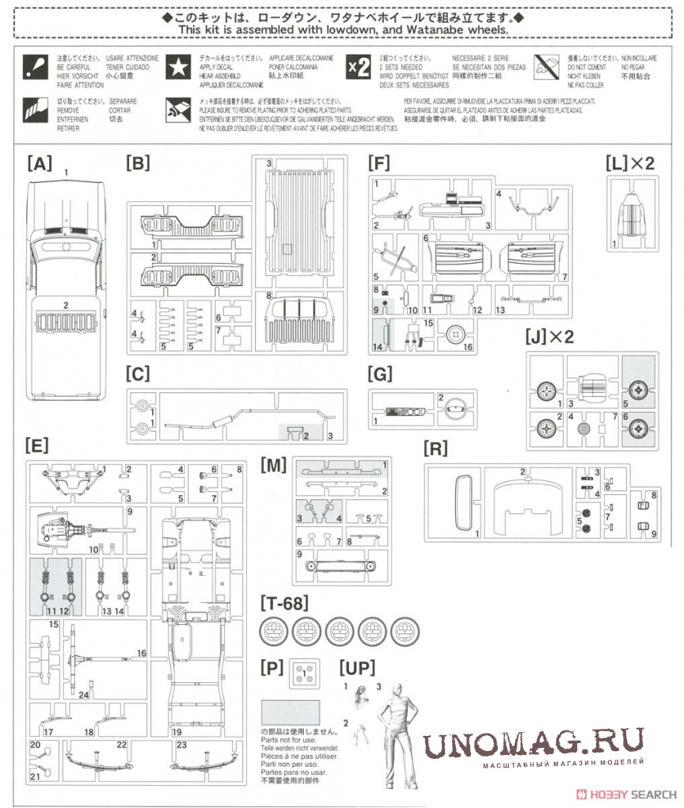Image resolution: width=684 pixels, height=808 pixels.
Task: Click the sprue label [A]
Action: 39,165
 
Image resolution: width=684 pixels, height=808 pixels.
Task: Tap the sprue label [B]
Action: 138,165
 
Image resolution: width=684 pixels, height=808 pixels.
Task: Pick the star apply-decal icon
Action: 177,68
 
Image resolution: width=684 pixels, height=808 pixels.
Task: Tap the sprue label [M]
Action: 273,466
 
